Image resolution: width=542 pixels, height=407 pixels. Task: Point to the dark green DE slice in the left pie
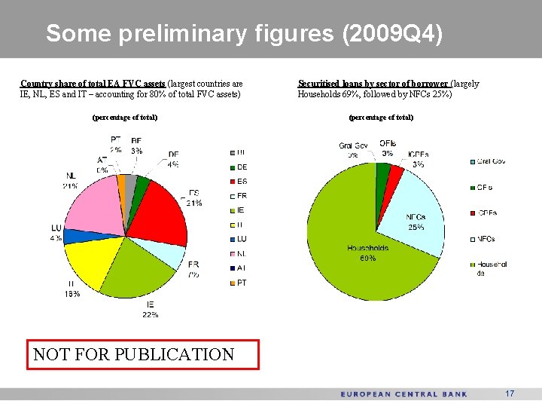(x=140, y=183)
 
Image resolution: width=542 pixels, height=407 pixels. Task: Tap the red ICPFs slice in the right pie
(x=394, y=178)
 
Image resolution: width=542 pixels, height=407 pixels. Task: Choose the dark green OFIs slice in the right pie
(x=382, y=174)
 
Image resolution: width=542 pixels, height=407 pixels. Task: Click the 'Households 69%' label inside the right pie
(x=367, y=252)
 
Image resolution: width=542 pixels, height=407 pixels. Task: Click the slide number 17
(x=510, y=393)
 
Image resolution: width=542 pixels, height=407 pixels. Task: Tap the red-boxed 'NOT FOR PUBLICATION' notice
(x=143, y=354)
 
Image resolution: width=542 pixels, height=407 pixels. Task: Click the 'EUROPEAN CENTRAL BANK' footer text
(x=403, y=394)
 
